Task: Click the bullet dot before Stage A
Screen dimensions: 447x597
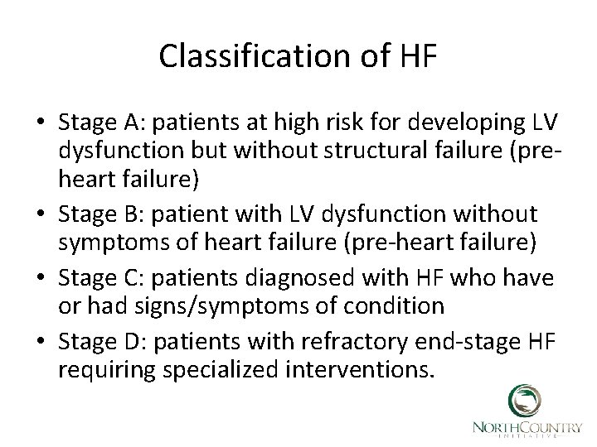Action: click(x=41, y=123)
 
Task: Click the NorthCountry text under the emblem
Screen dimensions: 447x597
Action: click(x=527, y=426)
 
